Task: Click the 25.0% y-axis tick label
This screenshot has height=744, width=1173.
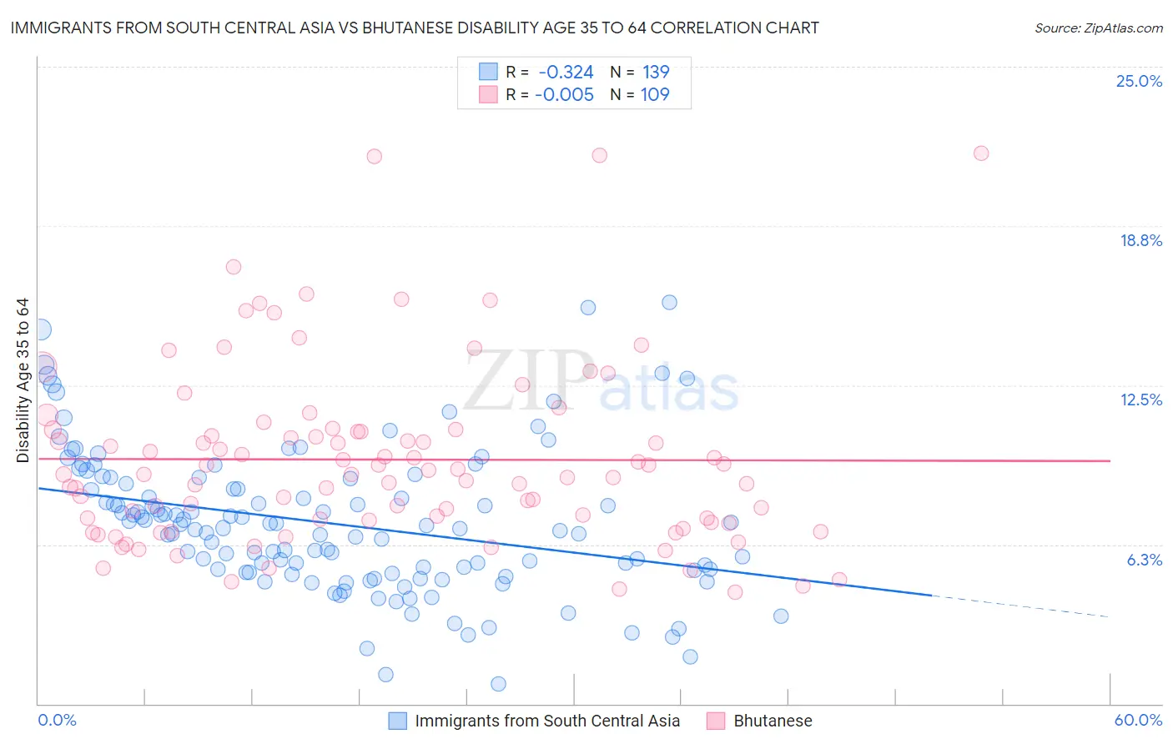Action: [x=1139, y=81]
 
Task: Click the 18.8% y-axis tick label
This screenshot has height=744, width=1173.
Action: [x=1140, y=240]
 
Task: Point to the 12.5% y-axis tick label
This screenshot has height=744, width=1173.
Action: [x=1140, y=400]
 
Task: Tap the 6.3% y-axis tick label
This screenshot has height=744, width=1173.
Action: [x=1144, y=560]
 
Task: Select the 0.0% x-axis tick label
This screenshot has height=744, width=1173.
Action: [x=57, y=720]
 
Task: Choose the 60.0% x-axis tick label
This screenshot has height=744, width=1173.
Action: [x=1138, y=720]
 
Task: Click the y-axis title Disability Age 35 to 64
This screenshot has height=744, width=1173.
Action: [x=23, y=380]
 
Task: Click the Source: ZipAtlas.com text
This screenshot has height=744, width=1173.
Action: [x=1098, y=28]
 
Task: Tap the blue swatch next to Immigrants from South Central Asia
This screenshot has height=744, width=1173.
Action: [x=398, y=721]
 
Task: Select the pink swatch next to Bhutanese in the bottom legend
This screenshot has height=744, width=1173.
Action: [x=716, y=721]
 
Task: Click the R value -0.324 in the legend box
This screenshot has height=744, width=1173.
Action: [x=566, y=73]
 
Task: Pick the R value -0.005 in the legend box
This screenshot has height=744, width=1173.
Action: [x=564, y=95]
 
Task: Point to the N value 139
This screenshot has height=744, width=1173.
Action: [x=656, y=73]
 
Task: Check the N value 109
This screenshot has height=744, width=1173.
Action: [x=655, y=95]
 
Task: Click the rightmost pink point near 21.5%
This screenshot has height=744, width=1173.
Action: [x=981, y=153]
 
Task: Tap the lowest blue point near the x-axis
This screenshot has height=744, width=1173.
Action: [x=498, y=684]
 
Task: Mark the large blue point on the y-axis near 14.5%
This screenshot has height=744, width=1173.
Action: [x=38, y=329]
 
